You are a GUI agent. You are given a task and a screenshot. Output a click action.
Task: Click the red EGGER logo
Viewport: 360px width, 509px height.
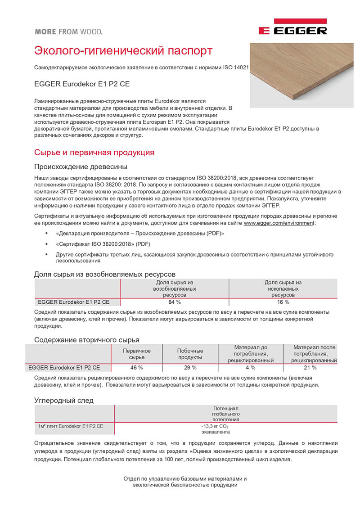pyautogui.click(x=292, y=28)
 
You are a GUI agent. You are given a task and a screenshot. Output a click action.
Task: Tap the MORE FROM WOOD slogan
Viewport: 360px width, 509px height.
pyautogui.click(x=68, y=32)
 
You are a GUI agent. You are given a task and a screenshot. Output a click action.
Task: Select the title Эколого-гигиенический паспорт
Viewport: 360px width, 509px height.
pyautogui.click(x=123, y=50)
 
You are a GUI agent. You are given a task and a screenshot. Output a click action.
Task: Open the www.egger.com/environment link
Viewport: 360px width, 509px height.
pyautogui.click(x=279, y=223)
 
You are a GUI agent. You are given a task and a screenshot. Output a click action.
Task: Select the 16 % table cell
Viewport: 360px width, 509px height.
pyautogui.click(x=283, y=302)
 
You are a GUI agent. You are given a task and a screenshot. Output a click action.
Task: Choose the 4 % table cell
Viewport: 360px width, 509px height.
pyautogui.click(x=250, y=367)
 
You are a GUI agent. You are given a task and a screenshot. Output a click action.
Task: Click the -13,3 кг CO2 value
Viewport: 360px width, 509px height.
pyautogui.click(x=219, y=428)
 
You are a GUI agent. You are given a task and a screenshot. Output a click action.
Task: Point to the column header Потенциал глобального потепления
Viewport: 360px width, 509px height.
pyautogui.click(x=225, y=414)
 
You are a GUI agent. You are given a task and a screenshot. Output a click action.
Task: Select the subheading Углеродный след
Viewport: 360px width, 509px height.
pyautogui.click(x=64, y=400)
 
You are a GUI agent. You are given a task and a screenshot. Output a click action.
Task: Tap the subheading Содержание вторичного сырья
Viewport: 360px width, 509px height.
pyautogui.click(x=87, y=339)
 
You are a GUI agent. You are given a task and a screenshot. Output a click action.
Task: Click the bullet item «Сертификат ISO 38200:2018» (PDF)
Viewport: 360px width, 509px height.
pyautogui.click(x=103, y=244)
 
